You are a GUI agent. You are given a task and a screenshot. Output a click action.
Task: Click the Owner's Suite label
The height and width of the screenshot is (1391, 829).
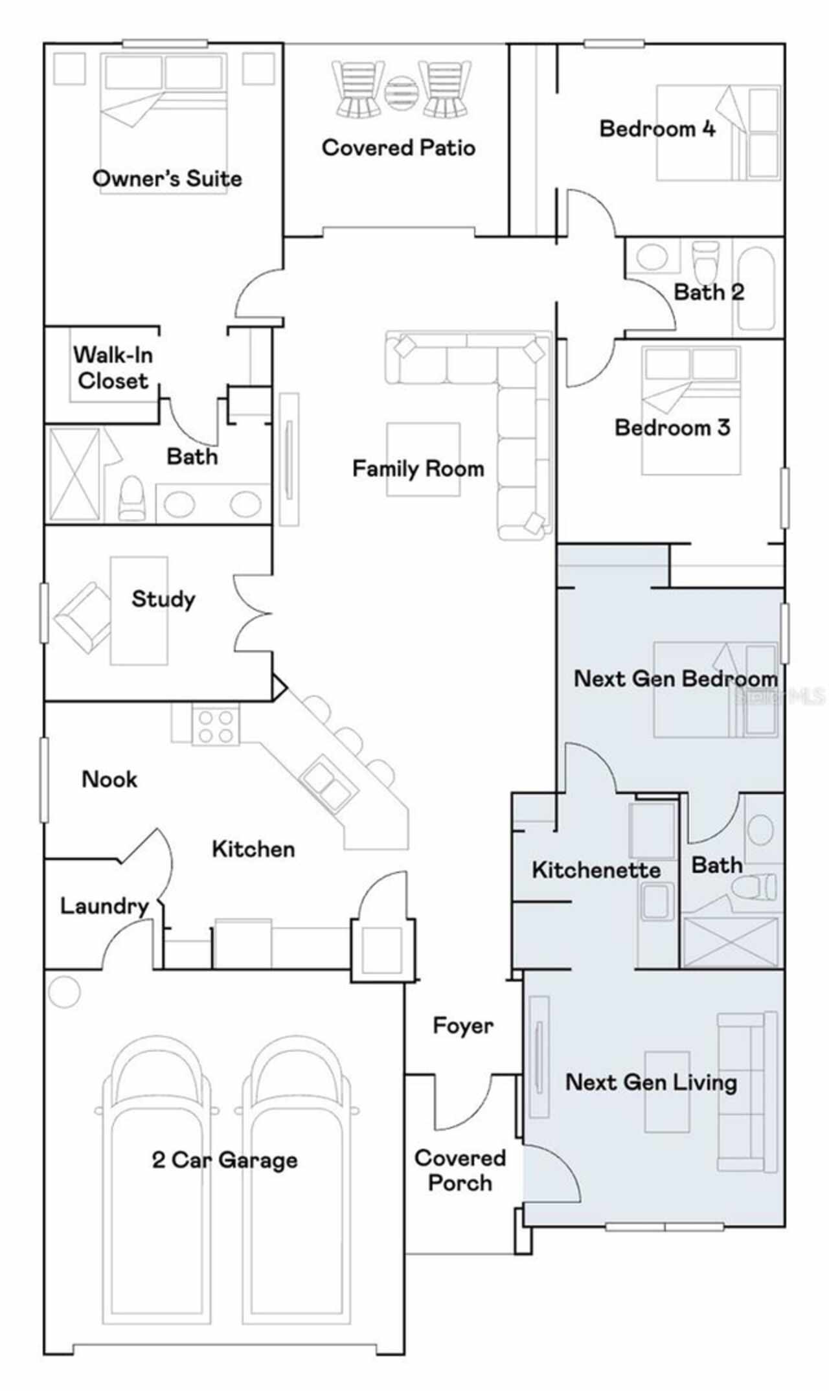[167, 178]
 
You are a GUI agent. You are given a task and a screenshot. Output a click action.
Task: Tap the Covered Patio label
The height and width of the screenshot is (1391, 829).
[398, 148]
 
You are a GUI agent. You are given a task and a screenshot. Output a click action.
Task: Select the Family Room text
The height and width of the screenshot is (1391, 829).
[418, 468]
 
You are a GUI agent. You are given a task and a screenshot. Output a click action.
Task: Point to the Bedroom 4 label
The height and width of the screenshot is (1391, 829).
[657, 128]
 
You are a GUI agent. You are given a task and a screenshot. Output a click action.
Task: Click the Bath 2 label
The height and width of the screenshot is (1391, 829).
[709, 292]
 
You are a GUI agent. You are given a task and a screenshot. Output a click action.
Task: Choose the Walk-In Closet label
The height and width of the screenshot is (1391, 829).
[113, 367]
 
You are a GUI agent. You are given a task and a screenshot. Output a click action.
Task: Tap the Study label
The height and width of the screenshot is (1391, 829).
[163, 599]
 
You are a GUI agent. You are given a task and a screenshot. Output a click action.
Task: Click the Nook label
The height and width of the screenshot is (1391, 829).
[109, 778]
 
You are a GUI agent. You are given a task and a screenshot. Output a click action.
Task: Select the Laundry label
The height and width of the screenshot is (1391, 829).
[104, 906]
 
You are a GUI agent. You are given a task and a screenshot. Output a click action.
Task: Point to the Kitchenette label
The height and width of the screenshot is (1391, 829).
[596, 870]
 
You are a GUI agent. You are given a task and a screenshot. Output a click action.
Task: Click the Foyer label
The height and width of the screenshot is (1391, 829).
[462, 1026]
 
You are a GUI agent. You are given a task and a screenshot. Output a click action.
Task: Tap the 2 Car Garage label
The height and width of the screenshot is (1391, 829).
[225, 1159]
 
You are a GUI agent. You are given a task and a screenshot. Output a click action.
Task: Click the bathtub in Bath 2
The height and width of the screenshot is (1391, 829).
[756, 286]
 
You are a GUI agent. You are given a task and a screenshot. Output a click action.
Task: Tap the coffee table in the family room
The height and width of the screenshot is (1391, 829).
[424, 459]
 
